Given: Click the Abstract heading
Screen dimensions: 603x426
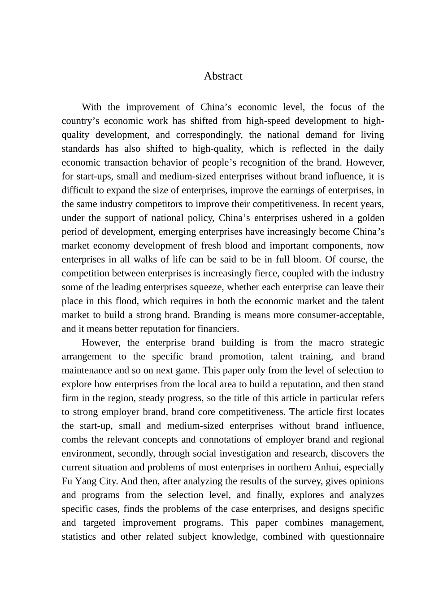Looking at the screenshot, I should pyautogui.click(x=223, y=76).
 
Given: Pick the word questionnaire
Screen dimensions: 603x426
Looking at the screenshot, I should pyautogui.click(x=357, y=537).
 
